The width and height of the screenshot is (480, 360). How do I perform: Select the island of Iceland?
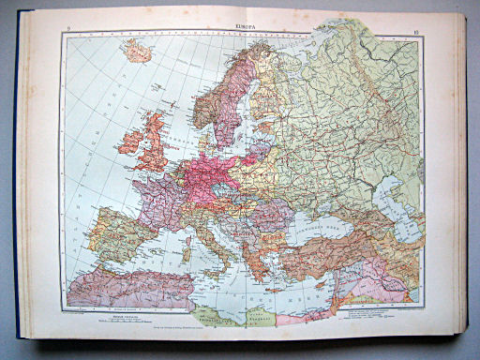pos(137,52)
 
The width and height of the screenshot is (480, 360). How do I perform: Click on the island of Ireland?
pos(129,142)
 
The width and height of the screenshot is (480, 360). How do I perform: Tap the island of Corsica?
pos(188,233)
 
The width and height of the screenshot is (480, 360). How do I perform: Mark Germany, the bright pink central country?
pos(210,178)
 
